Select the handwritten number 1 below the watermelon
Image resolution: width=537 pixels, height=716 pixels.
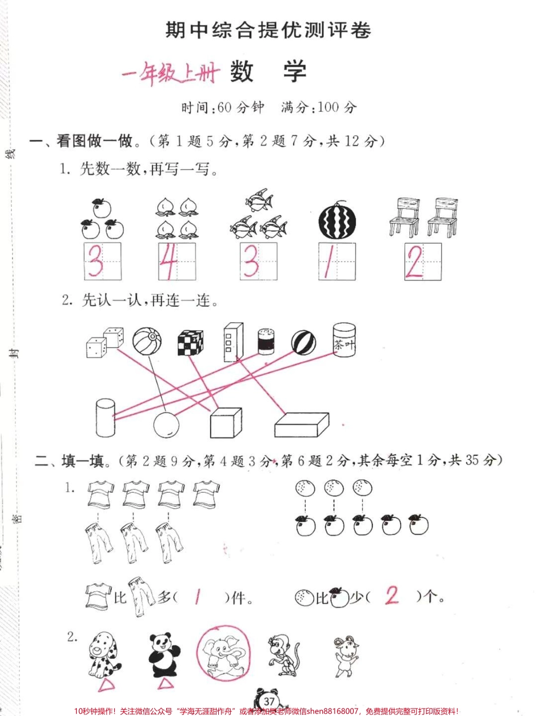(328, 262)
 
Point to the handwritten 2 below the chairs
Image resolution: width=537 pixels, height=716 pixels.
(414, 261)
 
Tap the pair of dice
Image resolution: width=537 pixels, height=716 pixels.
(105, 342)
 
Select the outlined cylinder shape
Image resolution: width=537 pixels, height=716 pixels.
(105, 418)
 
